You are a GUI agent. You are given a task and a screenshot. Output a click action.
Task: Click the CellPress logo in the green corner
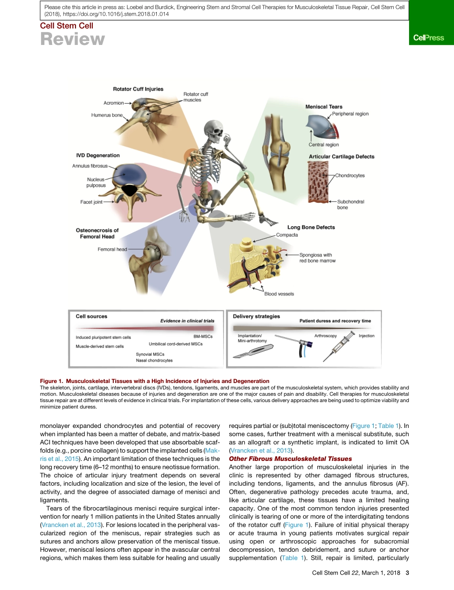[x=428, y=38]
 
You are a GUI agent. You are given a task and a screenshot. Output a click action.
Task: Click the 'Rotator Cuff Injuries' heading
[x=138, y=89]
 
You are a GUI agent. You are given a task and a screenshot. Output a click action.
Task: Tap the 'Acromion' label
[x=114, y=103]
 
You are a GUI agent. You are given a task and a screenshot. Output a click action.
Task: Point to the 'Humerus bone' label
[x=107, y=115]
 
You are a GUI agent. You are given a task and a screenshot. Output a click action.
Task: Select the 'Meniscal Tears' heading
[x=324, y=107]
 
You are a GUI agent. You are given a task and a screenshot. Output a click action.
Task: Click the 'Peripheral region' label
[x=350, y=114]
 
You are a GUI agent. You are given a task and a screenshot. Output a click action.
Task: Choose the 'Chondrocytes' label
[x=350, y=175]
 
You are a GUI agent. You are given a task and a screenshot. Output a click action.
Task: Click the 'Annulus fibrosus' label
[x=90, y=166]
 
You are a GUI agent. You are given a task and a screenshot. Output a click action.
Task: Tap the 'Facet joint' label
[x=91, y=202]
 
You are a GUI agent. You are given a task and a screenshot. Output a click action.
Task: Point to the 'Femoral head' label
[x=112, y=249]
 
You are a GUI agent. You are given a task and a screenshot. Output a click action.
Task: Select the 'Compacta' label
[x=287, y=235]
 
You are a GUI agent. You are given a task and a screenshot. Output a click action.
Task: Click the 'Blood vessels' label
[x=279, y=294]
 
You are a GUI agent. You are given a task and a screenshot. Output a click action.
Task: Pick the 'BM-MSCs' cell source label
[x=203, y=336]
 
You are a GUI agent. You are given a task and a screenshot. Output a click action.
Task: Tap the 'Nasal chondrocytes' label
[x=154, y=360]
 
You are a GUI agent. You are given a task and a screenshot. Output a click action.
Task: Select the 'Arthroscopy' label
[x=325, y=336]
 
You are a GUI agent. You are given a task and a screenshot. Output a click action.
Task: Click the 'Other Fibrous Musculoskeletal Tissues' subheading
[x=290, y=459]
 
